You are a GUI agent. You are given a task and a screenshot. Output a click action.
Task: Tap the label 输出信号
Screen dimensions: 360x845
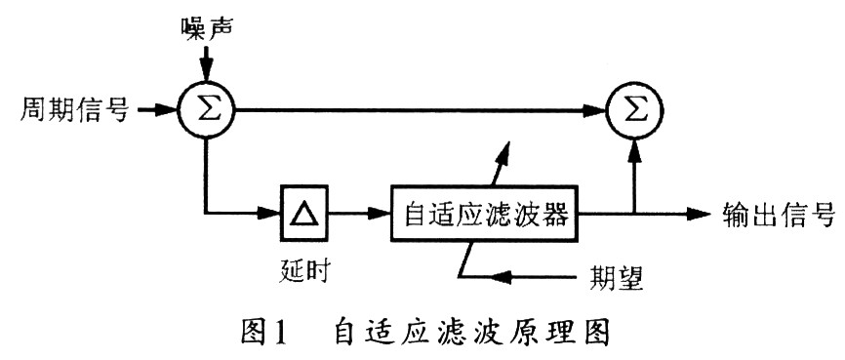[x=777, y=212]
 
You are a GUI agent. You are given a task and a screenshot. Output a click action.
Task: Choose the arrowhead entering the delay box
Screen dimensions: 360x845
[x=272, y=210]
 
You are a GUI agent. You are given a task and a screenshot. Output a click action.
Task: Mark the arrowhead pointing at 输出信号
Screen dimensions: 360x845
[x=703, y=211]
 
